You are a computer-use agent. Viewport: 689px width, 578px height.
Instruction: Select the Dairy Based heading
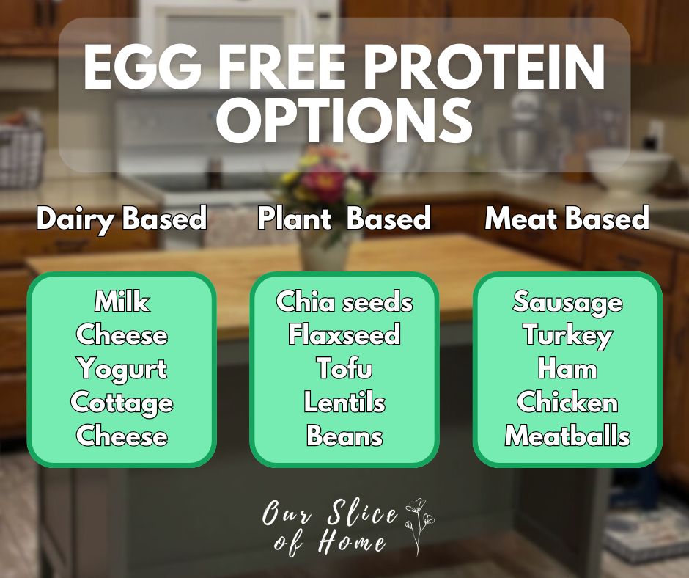(122, 219)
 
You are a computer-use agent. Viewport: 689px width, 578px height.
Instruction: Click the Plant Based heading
(344, 219)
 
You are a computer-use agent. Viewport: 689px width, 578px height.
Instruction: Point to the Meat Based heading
(567, 219)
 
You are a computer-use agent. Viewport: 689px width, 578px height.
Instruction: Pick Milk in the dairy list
(122, 301)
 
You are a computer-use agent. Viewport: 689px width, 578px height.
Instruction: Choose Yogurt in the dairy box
(122, 368)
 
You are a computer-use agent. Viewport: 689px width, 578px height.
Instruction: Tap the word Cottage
(122, 402)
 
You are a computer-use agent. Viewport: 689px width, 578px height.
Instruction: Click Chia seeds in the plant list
(344, 301)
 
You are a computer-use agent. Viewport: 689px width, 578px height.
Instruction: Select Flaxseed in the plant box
(344, 335)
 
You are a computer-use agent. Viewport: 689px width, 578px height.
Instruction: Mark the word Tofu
(344, 368)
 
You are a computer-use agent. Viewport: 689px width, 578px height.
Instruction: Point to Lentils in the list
(344, 402)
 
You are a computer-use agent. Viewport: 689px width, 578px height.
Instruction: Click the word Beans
(344, 436)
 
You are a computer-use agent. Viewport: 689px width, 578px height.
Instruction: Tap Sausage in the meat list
(567, 301)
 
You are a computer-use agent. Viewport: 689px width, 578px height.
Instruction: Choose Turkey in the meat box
(567, 335)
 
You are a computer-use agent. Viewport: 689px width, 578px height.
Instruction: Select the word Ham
(567, 368)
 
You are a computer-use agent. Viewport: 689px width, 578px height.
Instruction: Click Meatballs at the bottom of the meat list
(567, 436)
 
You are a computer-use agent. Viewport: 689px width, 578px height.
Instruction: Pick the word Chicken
(567, 402)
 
